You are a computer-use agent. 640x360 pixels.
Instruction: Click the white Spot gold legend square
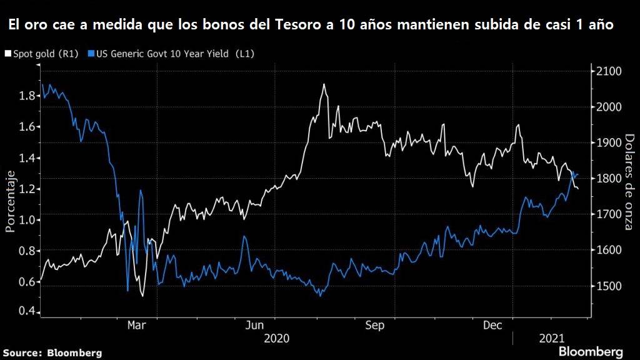[x=7, y=54]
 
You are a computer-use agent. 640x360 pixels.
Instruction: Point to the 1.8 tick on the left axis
[x=26, y=96]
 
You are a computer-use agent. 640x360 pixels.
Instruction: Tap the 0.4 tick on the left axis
[x=26, y=312]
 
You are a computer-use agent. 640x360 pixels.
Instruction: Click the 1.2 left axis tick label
[x=26, y=189]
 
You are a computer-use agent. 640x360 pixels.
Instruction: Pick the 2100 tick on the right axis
[x=608, y=71]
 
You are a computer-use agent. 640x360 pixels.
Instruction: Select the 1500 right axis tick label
[x=608, y=286]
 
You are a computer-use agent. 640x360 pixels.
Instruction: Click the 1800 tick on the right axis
[x=608, y=179]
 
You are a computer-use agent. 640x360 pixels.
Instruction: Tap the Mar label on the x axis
[x=137, y=325]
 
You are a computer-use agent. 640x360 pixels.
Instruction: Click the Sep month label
[x=374, y=325]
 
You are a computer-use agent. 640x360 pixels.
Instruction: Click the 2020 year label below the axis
[x=277, y=338]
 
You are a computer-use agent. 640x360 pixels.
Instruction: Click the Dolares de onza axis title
[x=629, y=181]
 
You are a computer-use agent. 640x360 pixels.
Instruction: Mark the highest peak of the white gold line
[x=324, y=84]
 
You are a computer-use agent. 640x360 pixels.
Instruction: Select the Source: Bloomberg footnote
[x=51, y=352]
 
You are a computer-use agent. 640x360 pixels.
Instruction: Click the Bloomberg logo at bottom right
[x=591, y=351]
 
